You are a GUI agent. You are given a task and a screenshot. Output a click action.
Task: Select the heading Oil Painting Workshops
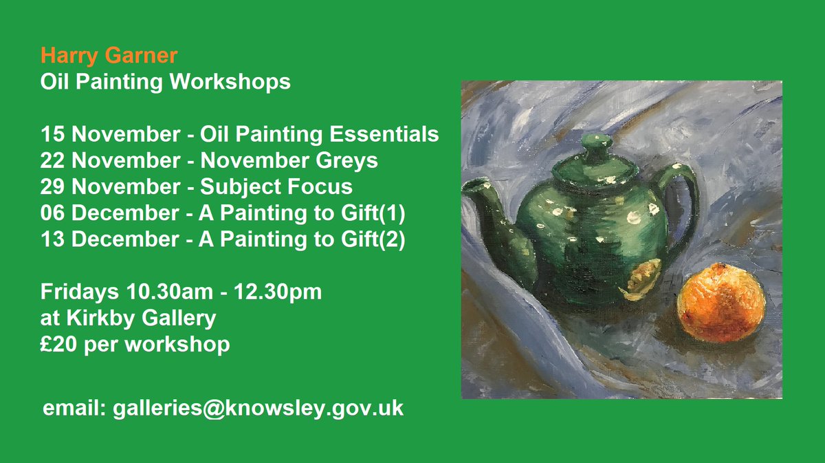click(x=165, y=82)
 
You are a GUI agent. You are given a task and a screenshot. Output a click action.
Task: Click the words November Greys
click(x=289, y=160)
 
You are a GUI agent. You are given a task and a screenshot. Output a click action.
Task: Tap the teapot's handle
click(x=680, y=206)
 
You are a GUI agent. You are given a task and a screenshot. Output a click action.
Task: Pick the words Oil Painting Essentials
click(x=319, y=133)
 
